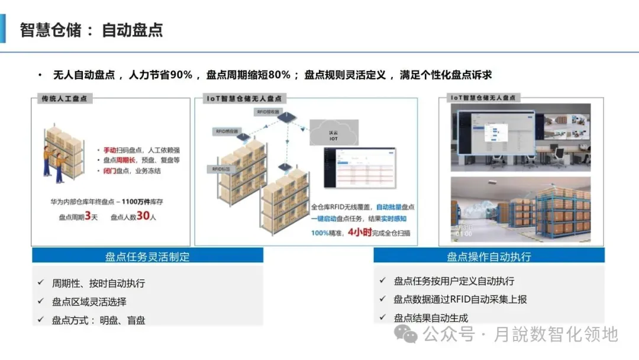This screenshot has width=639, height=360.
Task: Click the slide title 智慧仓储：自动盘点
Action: pos(91,30)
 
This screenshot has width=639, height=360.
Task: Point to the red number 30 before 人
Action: pos(143,216)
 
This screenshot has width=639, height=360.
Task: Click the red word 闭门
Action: pos(110,171)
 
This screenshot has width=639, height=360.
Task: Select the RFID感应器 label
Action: pos(226,131)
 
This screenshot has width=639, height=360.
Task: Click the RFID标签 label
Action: pos(221,169)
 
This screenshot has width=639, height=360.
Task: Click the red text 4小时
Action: pos(360,232)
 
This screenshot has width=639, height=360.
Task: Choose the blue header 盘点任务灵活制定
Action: pos(147,256)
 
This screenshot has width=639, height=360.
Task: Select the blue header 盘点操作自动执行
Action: pos(489,256)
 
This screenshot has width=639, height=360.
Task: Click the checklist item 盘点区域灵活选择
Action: pos(89,302)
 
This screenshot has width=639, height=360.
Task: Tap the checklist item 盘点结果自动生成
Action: pos(431,318)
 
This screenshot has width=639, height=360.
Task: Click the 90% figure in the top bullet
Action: pos(181,75)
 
